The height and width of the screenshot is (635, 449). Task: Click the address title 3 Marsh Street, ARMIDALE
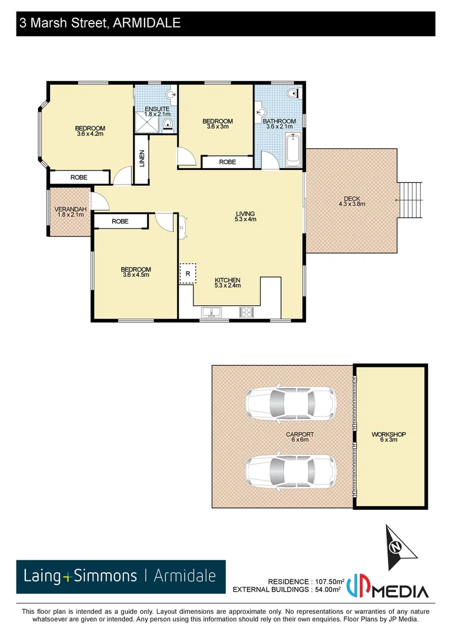100,23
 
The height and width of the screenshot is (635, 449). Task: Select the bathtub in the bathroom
292,149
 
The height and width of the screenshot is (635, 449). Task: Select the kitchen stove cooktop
246,313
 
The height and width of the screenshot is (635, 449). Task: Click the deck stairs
411,200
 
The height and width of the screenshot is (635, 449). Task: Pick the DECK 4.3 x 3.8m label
351,201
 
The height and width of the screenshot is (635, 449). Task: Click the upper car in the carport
290,403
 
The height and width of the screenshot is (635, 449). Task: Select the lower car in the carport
290,470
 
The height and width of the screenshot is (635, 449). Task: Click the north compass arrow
398,544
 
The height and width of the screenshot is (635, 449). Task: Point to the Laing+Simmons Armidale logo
120,576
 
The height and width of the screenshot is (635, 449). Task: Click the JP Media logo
388,586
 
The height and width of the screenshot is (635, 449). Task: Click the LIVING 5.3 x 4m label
246,216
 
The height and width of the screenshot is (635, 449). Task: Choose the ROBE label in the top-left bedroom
79,177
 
